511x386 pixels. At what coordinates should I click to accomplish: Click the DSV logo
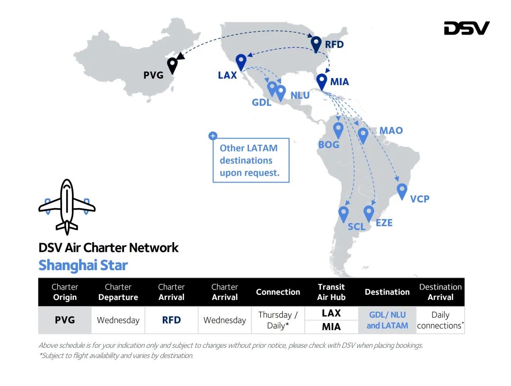(x=466, y=28)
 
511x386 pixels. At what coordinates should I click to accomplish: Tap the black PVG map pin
(x=173, y=65)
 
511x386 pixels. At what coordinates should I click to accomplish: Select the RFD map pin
(x=316, y=44)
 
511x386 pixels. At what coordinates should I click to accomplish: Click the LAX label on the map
(x=227, y=75)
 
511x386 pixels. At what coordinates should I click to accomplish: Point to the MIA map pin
(x=322, y=81)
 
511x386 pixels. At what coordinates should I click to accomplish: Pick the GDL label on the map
(x=262, y=102)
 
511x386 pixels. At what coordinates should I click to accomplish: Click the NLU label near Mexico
(x=300, y=96)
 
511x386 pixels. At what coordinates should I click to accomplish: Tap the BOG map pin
(x=338, y=130)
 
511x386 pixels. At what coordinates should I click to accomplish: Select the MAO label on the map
(x=391, y=130)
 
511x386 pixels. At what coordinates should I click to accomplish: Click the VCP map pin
(x=402, y=191)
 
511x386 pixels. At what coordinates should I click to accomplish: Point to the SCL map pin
(x=344, y=213)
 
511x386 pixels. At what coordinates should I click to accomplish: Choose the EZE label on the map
(x=384, y=222)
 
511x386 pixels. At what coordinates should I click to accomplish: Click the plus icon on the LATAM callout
(x=213, y=136)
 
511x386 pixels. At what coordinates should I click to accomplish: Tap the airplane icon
(x=67, y=206)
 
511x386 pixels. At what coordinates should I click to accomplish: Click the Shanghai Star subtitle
(x=83, y=265)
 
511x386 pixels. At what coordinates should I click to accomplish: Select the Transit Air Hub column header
(x=331, y=292)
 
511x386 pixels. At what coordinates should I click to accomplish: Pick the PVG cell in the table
(x=65, y=320)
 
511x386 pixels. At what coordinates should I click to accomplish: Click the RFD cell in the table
(x=171, y=320)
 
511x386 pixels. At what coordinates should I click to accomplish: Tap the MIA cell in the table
(x=331, y=326)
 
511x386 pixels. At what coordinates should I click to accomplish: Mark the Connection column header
(x=278, y=292)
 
